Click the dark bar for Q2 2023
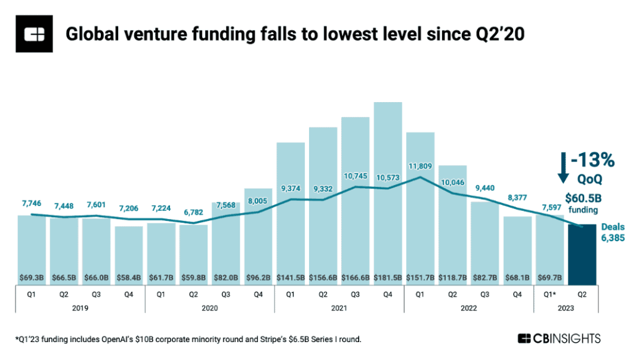coord(582,254)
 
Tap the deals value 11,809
coord(420,165)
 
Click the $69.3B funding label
coord(32,276)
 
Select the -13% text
coord(592,161)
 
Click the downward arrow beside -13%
coord(562,168)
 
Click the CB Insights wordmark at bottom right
coord(559,338)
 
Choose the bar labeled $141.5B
coord(291,210)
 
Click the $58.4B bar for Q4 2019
coord(129,254)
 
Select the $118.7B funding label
coord(452,276)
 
